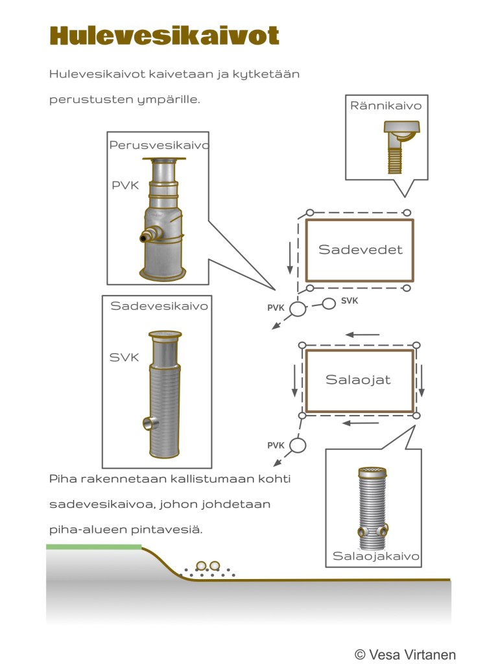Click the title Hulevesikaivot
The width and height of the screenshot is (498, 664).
(164, 36)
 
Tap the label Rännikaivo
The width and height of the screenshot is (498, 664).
(386, 105)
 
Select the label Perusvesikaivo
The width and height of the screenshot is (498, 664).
(159, 145)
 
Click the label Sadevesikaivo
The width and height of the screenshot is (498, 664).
(159, 306)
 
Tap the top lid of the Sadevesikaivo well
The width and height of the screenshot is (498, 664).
(164, 335)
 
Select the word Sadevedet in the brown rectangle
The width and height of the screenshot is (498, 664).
(360, 250)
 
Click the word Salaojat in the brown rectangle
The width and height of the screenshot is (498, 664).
(358, 379)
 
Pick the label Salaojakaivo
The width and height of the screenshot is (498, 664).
(376, 556)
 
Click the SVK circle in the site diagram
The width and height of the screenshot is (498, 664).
(329, 303)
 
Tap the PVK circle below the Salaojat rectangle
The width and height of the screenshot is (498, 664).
(298, 445)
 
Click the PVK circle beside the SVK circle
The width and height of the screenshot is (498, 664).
(297, 309)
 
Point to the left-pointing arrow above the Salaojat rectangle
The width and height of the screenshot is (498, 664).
(362, 335)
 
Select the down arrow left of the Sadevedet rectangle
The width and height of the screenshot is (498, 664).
(290, 258)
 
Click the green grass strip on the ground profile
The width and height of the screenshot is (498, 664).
(93, 547)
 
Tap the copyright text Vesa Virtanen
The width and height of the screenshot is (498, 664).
(405, 654)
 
